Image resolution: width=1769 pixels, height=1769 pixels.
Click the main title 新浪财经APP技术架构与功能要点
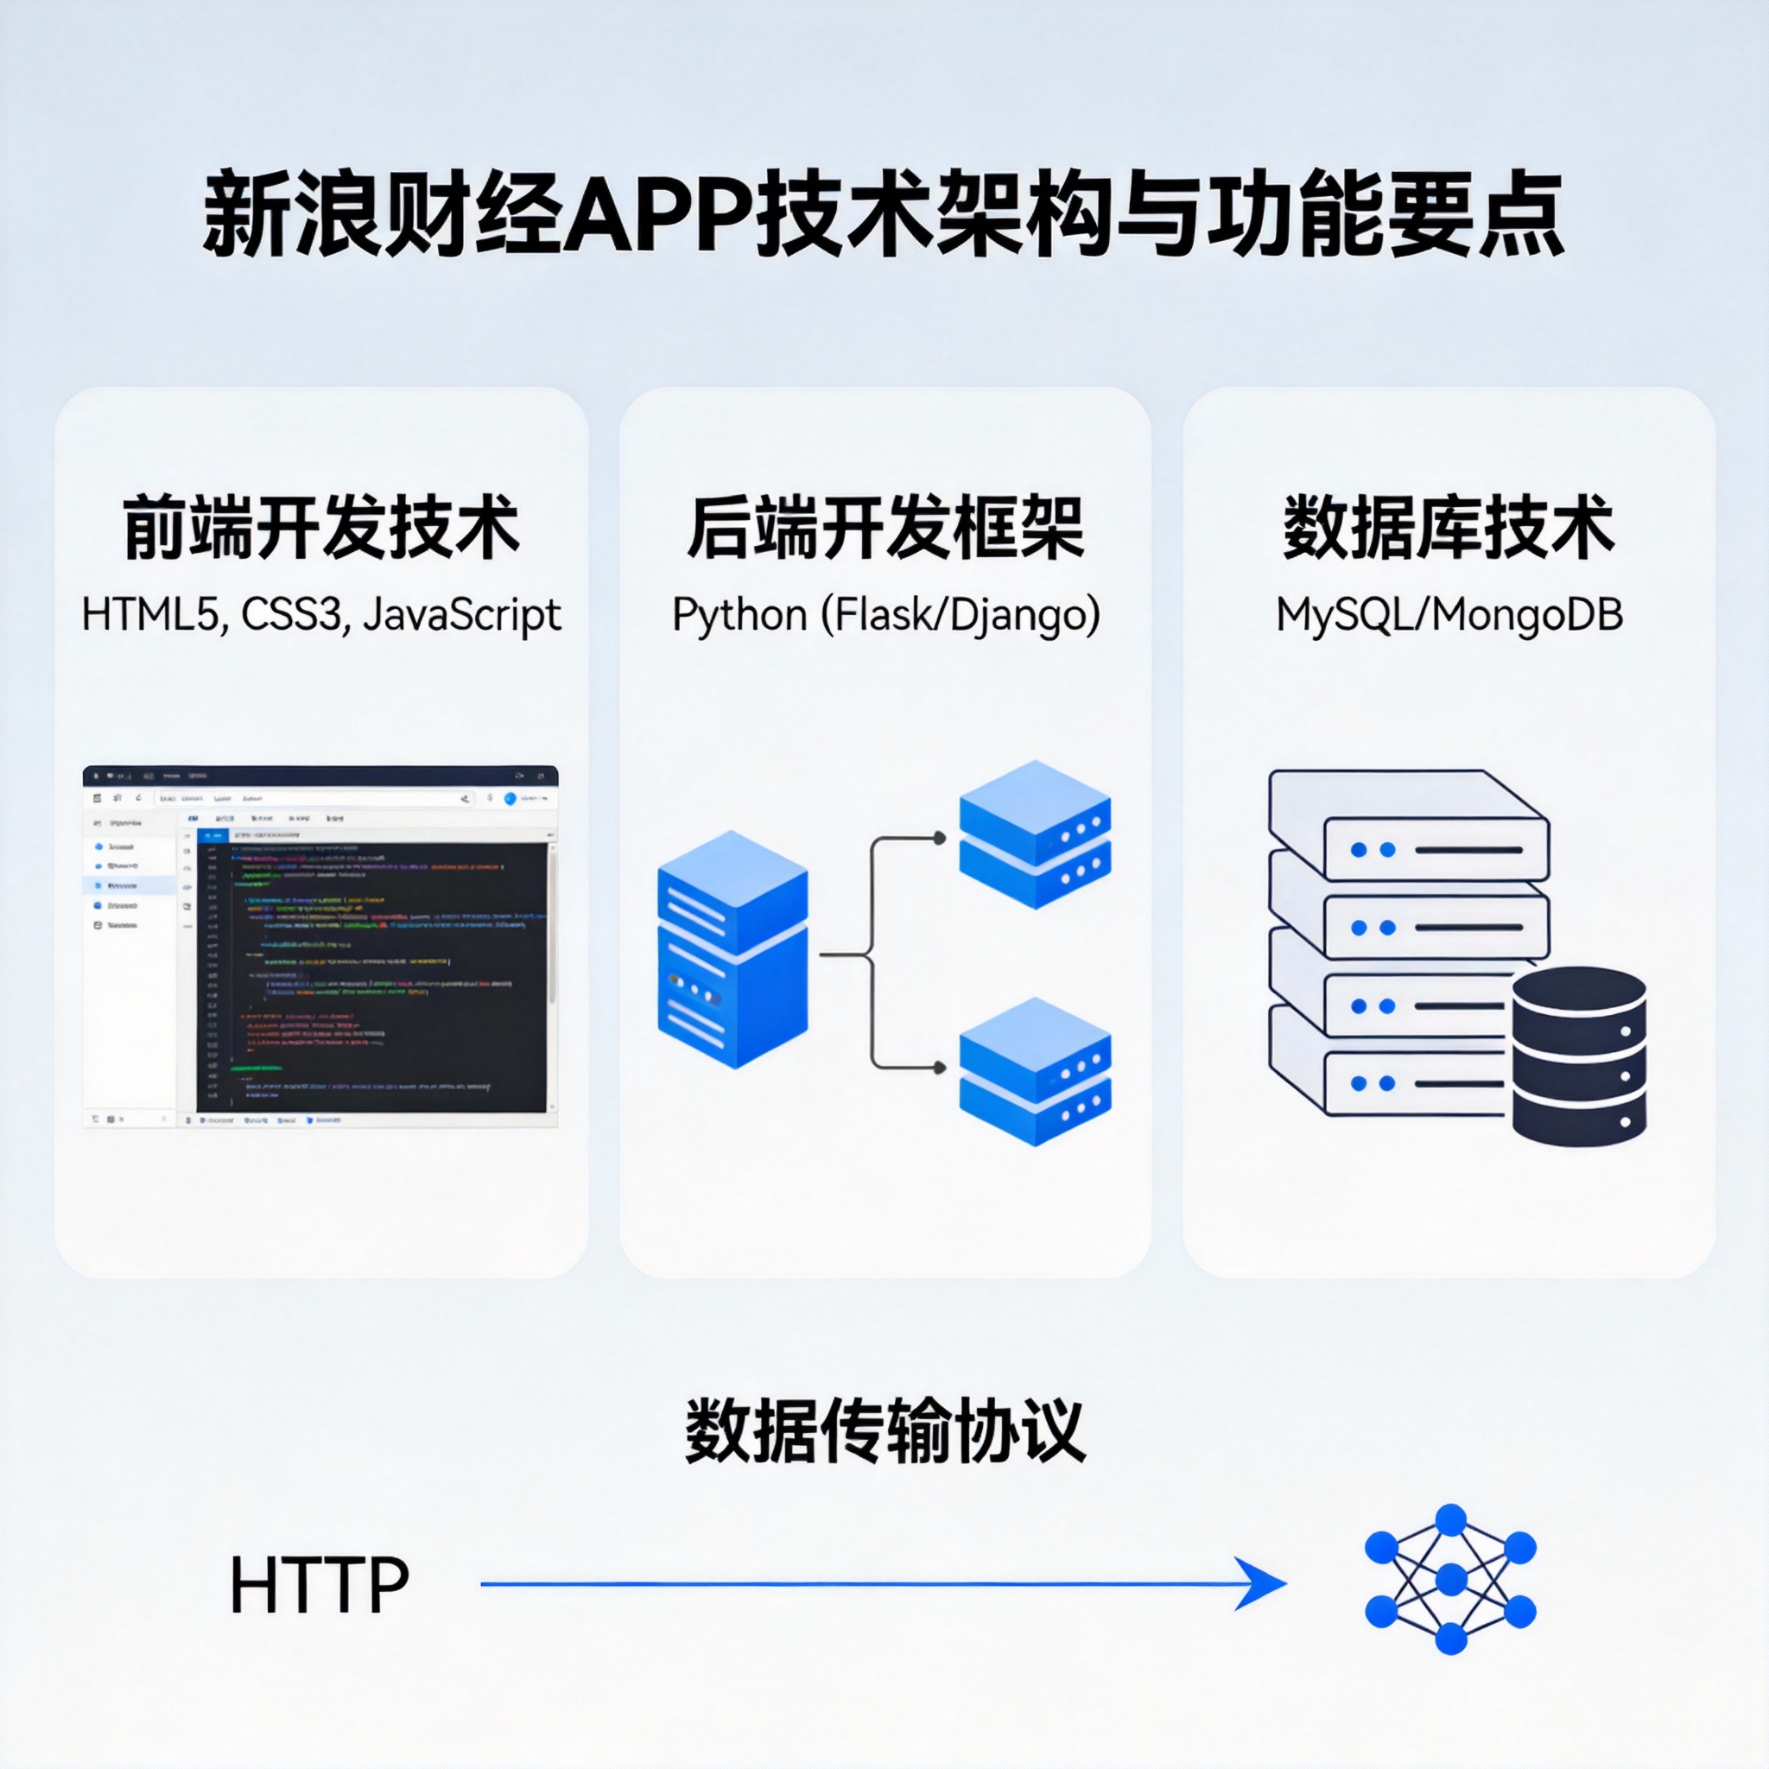coord(883,213)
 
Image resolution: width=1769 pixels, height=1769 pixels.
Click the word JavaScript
coord(461,614)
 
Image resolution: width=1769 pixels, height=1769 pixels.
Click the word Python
coord(739,614)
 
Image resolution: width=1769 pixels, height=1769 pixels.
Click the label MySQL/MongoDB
coord(1449,614)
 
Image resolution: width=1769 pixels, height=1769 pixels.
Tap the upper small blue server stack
coord(1035,834)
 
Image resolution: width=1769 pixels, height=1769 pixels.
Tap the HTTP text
coord(319,1585)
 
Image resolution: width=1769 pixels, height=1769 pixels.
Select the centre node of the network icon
coord(1450,1580)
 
